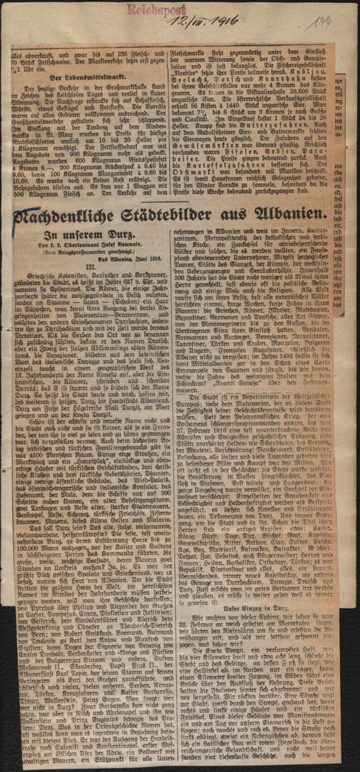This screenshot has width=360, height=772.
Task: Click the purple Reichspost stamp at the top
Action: [x=169, y=9]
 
